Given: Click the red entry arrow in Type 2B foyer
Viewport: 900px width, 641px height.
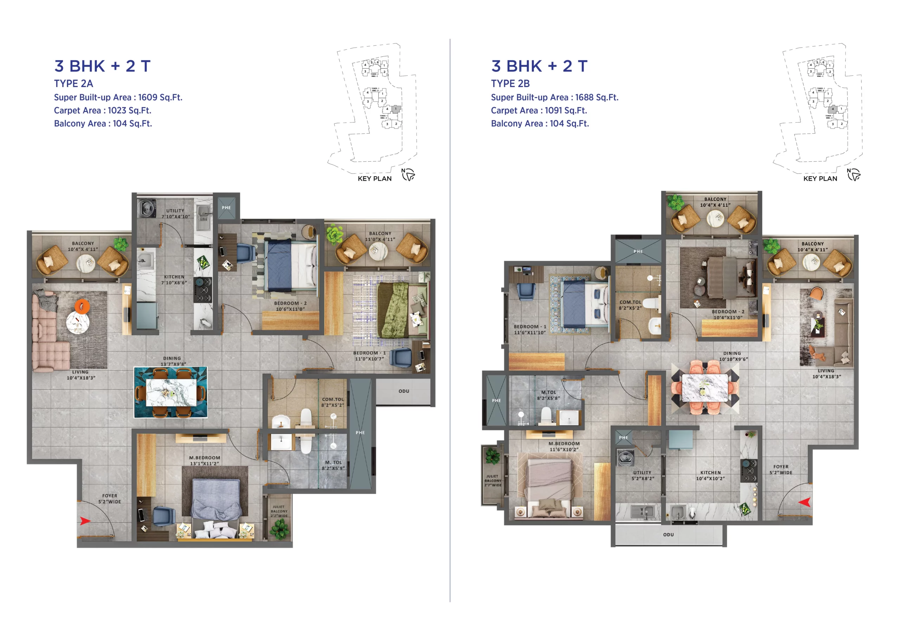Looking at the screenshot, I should (x=805, y=502).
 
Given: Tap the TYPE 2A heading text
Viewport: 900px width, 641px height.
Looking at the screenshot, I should (x=73, y=84).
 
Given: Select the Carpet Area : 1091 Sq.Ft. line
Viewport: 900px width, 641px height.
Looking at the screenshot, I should (x=539, y=111).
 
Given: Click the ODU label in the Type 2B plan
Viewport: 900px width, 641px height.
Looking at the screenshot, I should (x=668, y=534).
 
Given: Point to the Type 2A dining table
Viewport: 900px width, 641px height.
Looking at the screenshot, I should (x=171, y=392).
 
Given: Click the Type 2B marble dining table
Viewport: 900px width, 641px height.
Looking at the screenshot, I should (x=705, y=388).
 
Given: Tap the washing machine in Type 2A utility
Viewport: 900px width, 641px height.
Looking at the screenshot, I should (x=147, y=208).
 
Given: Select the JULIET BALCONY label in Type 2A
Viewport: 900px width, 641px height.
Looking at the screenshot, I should (x=279, y=511).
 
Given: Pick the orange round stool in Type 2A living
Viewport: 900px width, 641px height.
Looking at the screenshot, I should (x=82, y=306).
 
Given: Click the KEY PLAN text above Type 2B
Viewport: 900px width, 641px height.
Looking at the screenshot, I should (x=820, y=179).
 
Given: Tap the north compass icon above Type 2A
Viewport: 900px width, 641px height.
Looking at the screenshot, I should (x=408, y=175).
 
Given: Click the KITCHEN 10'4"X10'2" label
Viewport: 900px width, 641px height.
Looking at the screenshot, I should (x=710, y=475).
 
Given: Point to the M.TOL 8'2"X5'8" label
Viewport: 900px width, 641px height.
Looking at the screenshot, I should (x=548, y=395).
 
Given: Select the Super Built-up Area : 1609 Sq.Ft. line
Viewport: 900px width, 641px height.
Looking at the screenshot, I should (x=118, y=98).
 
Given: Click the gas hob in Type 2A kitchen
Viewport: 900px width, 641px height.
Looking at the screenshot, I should (x=202, y=290).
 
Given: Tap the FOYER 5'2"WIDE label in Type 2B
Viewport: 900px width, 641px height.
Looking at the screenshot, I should (x=780, y=469).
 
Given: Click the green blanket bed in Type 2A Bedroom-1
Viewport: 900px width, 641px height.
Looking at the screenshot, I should (x=392, y=310).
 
